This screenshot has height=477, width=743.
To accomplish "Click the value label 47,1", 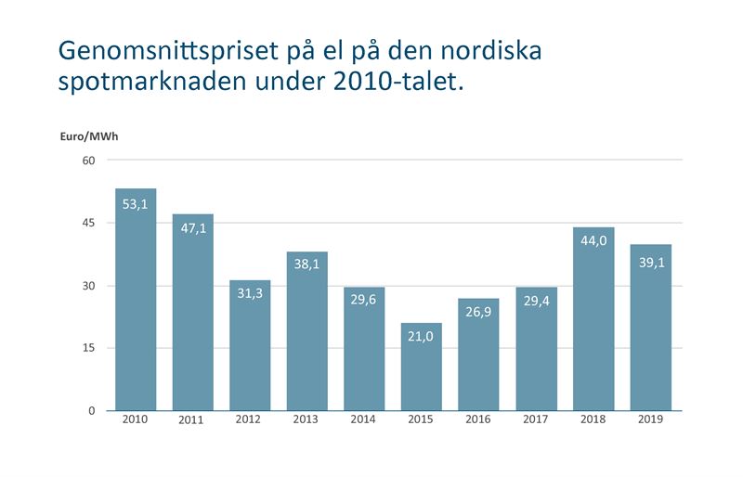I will click(192, 229).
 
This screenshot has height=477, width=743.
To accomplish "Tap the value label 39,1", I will click(650, 263).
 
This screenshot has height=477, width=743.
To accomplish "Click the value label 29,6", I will click(364, 301).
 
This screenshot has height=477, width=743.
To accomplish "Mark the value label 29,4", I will click(536, 301).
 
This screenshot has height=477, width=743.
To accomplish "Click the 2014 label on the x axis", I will click(364, 419).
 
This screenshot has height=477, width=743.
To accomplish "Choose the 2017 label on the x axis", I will click(536, 419).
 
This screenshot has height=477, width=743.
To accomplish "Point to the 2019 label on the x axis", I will click(650, 419).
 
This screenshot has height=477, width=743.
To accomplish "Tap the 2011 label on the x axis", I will click(192, 421).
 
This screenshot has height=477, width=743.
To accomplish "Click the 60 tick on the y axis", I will click(89, 161).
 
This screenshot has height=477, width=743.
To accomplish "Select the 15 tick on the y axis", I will click(89, 348).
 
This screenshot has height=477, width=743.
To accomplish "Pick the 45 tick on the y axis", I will click(89, 223).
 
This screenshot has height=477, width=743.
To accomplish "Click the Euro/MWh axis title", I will click(90, 136).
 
